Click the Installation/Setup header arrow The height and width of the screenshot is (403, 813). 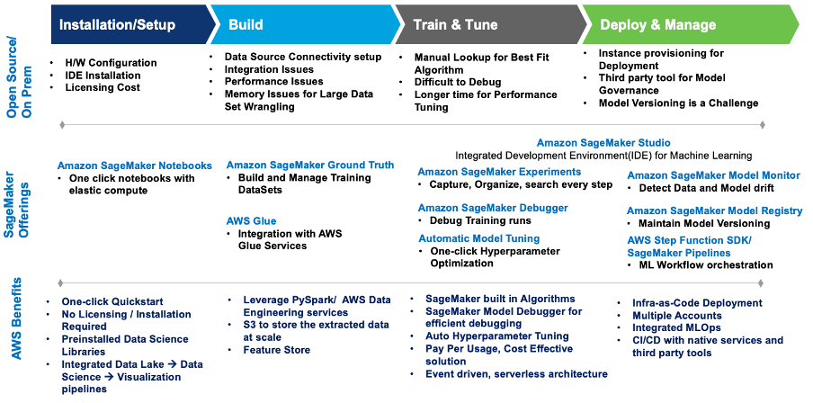point(117,24)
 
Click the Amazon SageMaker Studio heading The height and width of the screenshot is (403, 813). point(603,143)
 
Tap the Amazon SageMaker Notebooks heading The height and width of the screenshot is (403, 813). point(135,166)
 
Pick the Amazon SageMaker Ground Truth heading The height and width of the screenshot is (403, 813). point(310,165)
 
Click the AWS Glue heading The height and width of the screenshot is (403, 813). point(251,219)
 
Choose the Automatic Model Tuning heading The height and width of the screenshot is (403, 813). point(478,238)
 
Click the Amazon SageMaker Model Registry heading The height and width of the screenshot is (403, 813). point(714,210)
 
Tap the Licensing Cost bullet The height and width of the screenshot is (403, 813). point(102,88)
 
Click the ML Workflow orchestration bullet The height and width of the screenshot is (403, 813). point(705,265)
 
